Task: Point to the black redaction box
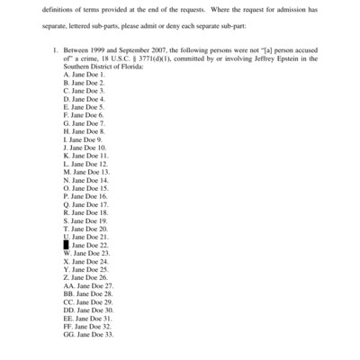(67, 244)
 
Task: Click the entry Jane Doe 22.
(90, 245)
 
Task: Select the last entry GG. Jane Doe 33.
(89, 334)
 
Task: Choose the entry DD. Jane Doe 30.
(89, 310)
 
